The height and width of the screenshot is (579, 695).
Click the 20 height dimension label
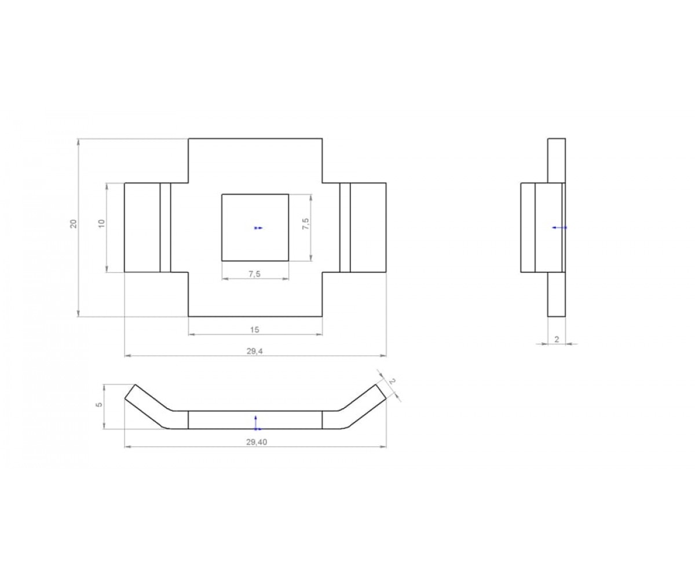point(74,223)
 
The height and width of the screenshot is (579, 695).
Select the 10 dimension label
point(102,223)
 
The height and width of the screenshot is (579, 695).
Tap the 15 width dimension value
point(255,330)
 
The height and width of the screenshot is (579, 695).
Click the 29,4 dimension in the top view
point(255,351)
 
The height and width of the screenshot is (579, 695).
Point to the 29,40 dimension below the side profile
point(257,442)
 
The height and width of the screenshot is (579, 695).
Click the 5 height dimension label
point(99,405)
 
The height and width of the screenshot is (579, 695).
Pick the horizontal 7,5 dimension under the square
point(255,274)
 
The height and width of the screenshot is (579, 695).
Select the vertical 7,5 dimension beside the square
point(306,223)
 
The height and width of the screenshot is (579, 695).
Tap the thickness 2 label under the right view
point(557,339)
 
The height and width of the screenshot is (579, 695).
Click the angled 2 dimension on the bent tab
point(393,382)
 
